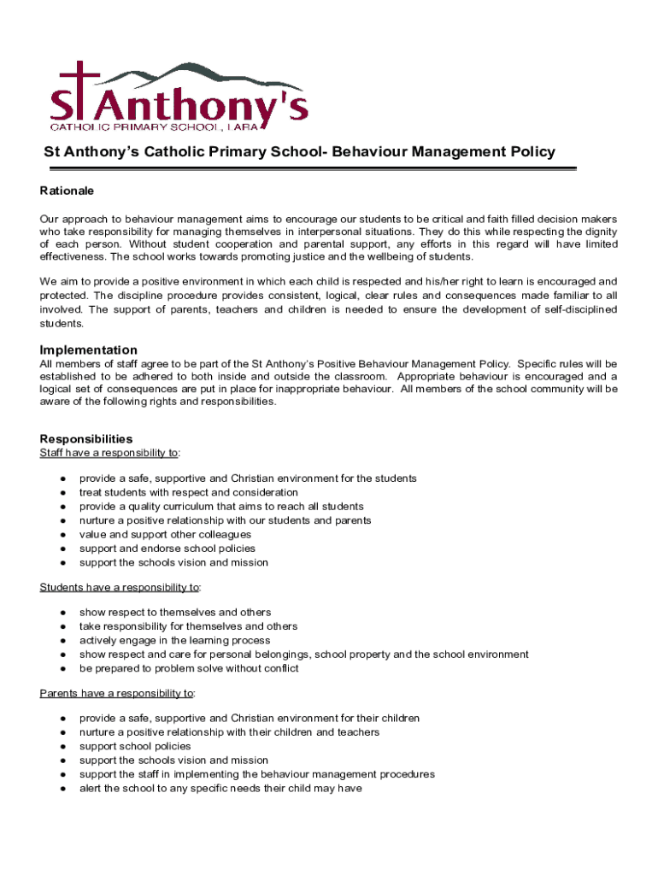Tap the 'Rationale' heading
coord(67,190)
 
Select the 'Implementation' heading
coord(88,349)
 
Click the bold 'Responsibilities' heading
coord(85,438)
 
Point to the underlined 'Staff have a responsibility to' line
coord(109,452)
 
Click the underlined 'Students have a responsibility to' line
coord(120,587)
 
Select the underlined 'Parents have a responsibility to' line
coord(117,693)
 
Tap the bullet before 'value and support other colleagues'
coord(63,535)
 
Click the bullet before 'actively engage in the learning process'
coord(63,641)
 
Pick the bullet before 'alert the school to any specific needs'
coord(63,789)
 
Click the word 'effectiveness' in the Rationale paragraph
coord(73,256)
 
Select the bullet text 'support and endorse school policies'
coord(167,549)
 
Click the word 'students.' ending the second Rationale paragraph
coord(62,324)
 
